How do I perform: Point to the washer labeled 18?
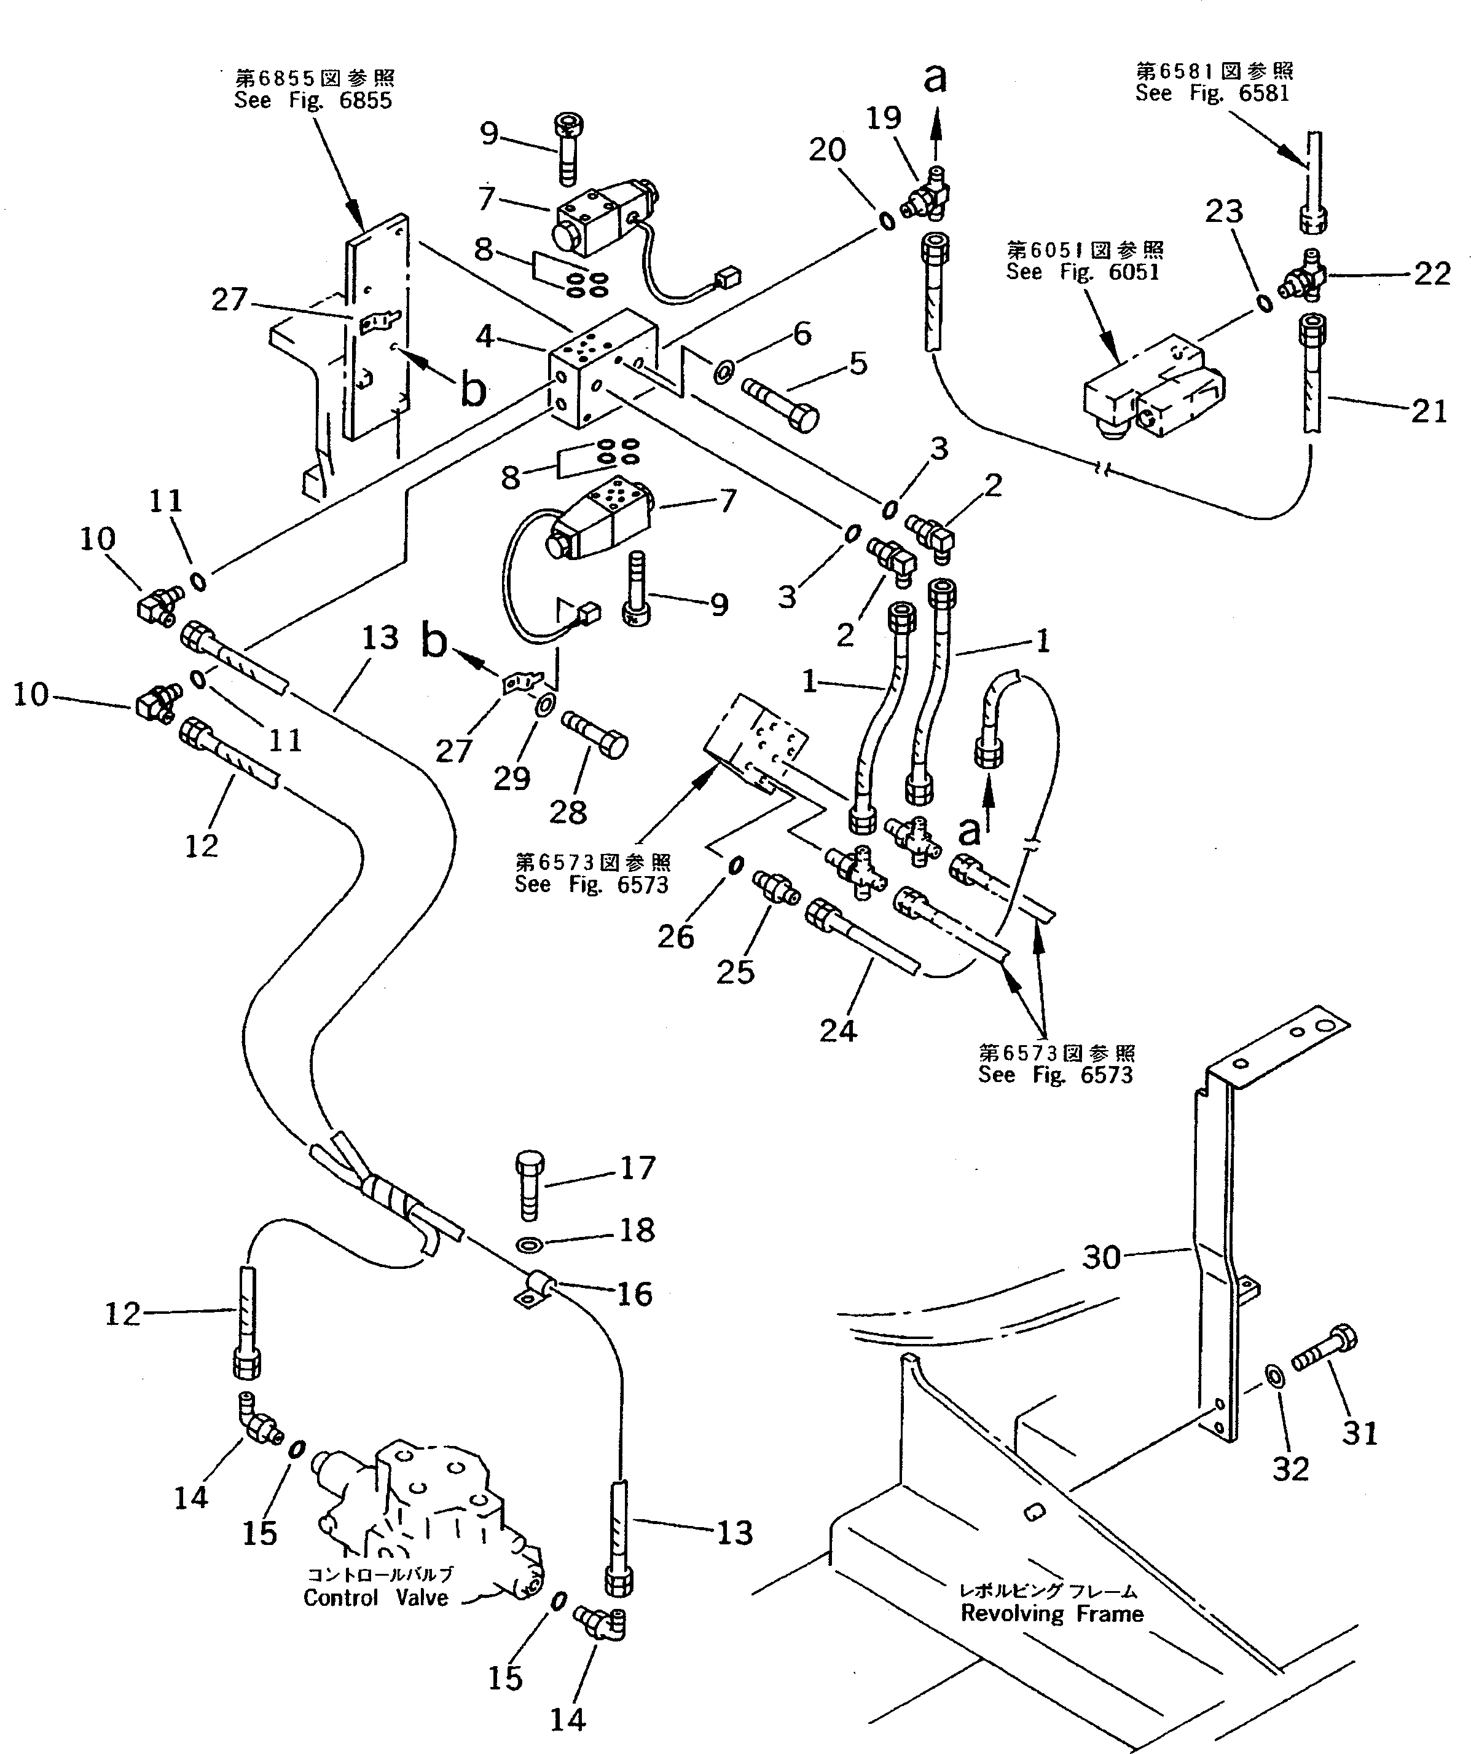[x=528, y=1246]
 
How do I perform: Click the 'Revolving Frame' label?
[x=1052, y=1614]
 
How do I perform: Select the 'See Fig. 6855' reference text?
[x=313, y=100]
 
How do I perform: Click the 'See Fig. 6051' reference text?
[x=1083, y=272]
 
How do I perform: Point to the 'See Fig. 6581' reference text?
[x=1212, y=93]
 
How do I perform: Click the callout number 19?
[x=883, y=118]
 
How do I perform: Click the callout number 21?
[x=1429, y=410]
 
